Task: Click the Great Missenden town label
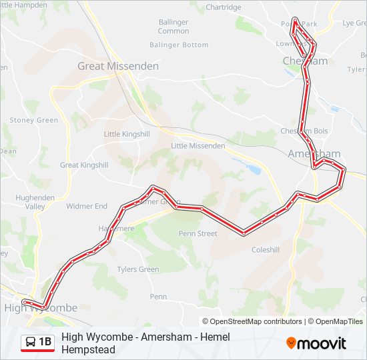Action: (x=118, y=66)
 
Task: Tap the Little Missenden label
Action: (x=198, y=145)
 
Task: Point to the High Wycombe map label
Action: (x=41, y=308)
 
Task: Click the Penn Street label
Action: (x=198, y=233)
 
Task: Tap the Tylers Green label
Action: (x=138, y=269)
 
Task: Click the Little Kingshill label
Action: (x=126, y=134)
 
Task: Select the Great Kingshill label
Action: (x=84, y=165)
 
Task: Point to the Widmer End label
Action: (x=87, y=206)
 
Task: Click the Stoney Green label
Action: (x=34, y=120)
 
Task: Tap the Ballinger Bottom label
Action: (x=179, y=45)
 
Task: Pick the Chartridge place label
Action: (x=224, y=7)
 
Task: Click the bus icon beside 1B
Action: (x=31, y=343)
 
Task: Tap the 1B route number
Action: (x=45, y=343)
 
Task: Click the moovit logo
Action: (x=316, y=343)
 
